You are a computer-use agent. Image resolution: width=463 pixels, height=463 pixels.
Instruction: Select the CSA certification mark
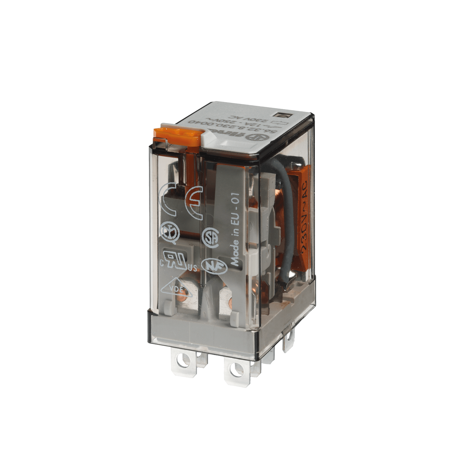pos(210,238)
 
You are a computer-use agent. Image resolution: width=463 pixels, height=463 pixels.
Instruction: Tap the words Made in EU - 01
pos(235,230)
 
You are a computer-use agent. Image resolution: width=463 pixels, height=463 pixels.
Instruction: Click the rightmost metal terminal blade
pos(289,341)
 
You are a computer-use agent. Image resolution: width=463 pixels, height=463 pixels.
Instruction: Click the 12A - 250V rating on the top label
pos(244,123)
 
